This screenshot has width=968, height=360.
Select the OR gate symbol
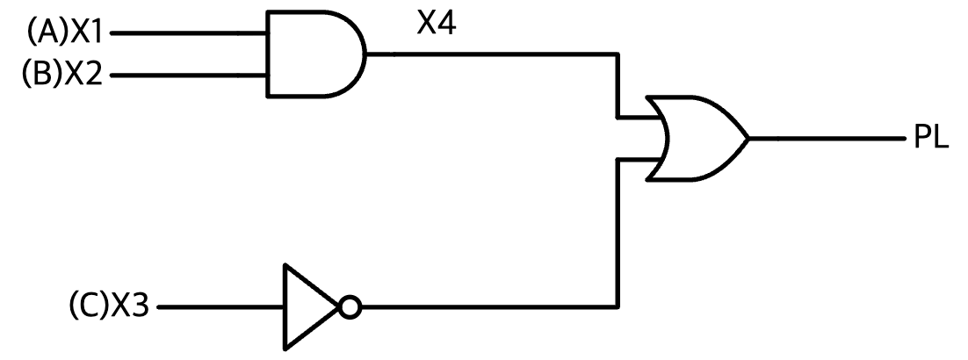tap(697, 139)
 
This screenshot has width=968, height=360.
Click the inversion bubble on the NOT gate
tap(350, 307)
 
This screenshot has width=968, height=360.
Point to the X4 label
tap(437, 24)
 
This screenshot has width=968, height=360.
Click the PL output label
tap(931, 138)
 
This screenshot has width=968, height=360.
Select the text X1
tap(85, 32)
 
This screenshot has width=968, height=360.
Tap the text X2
tap(83, 74)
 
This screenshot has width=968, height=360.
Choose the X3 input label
tap(130, 306)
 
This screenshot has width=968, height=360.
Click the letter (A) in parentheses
tap(47, 33)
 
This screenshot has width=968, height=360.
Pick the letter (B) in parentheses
tap(43, 74)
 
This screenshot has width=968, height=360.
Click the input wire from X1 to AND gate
tap(188, 33)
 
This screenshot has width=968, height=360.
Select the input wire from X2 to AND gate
tap(188, 76)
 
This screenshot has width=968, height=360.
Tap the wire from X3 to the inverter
tap(220, 307)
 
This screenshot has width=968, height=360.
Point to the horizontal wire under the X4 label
tap(492, 54)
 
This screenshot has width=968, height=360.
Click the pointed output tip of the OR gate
tap(749, 139)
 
